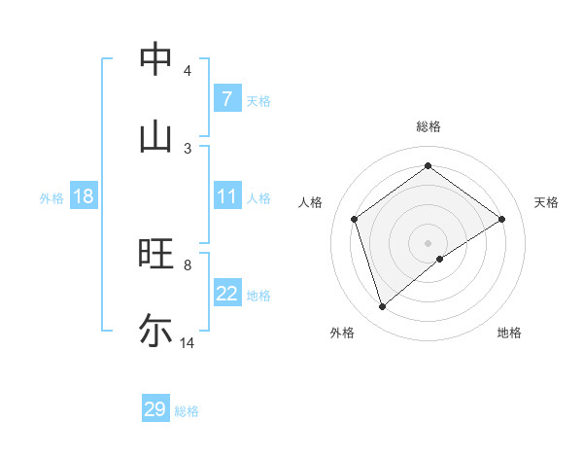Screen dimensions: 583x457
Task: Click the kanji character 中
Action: point(156,59)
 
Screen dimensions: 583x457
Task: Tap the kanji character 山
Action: point(156,135)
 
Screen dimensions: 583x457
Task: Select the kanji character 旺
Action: point(156,254)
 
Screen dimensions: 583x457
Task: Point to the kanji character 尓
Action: point(156,330)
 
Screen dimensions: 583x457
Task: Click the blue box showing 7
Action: point(226,98)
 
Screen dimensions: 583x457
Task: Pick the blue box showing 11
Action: point(226,196)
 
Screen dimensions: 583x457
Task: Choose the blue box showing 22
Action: point(226,294)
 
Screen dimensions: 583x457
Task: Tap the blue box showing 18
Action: point(83,196)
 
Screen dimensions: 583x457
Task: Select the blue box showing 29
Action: point(155,409)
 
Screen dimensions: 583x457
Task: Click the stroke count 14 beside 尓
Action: point(188,342)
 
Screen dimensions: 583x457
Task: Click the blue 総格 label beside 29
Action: point(188,411)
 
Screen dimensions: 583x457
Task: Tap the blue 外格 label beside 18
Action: point(51,198)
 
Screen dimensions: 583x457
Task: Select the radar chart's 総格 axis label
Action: point(429,126)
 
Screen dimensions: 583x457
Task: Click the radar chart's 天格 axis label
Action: point(546,202)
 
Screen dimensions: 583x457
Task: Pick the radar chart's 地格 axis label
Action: point(509,333)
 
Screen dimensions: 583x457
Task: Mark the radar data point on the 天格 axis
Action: point(502,219)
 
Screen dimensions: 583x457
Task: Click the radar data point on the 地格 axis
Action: point(440,259)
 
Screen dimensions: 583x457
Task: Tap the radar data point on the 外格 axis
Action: point(382,307)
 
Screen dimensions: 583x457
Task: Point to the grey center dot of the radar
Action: point(429,242)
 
